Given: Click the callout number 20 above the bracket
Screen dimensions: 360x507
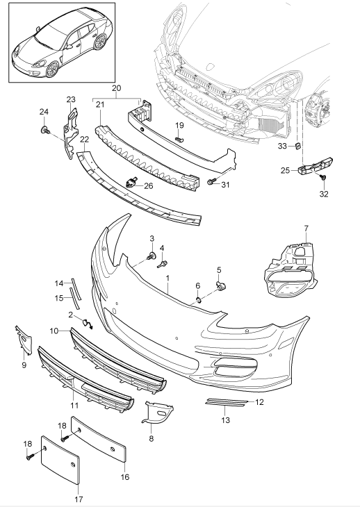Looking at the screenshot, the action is pyautogui.click(x=117, y=88).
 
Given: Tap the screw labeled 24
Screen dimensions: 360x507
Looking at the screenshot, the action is pyautogui.click(x=45, y=131).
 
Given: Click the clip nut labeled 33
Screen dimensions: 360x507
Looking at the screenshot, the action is pyautogui.click(x=299, y=146).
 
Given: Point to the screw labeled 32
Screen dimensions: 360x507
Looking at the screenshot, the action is pyautogui.click(x=322, y=177).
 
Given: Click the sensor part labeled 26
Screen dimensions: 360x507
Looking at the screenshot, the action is pyautogui.click(x=131, y=183).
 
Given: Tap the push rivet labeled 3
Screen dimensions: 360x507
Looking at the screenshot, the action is pyautogui.click(x=151, y=256).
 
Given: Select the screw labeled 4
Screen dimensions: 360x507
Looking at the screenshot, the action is pyautogui.click(x=163, y=264).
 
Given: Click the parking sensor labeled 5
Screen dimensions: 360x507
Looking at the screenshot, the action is pyautogui.click(x=221, y=285).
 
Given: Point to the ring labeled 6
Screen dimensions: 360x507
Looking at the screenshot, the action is pyautogui.click(x=199, y=301).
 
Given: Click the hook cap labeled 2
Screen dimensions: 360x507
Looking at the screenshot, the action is pyautogui.click(x=87, y=324).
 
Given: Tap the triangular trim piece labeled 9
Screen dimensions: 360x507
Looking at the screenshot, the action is pyautogui.click(x=25, y=340).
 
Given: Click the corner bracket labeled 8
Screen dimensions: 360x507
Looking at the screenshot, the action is pyautogui.click(x=158, y=412).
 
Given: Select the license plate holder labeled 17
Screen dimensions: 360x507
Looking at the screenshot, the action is pyautogui.click(x=60, y=460).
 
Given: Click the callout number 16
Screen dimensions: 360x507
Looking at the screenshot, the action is pyautogui.click(x=125, y=476).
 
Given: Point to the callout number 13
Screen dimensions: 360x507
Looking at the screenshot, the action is pyautogui.click(x=225, y=419).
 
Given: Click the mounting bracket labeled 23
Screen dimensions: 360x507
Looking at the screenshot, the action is pyautogui.click(x=71, y=133).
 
